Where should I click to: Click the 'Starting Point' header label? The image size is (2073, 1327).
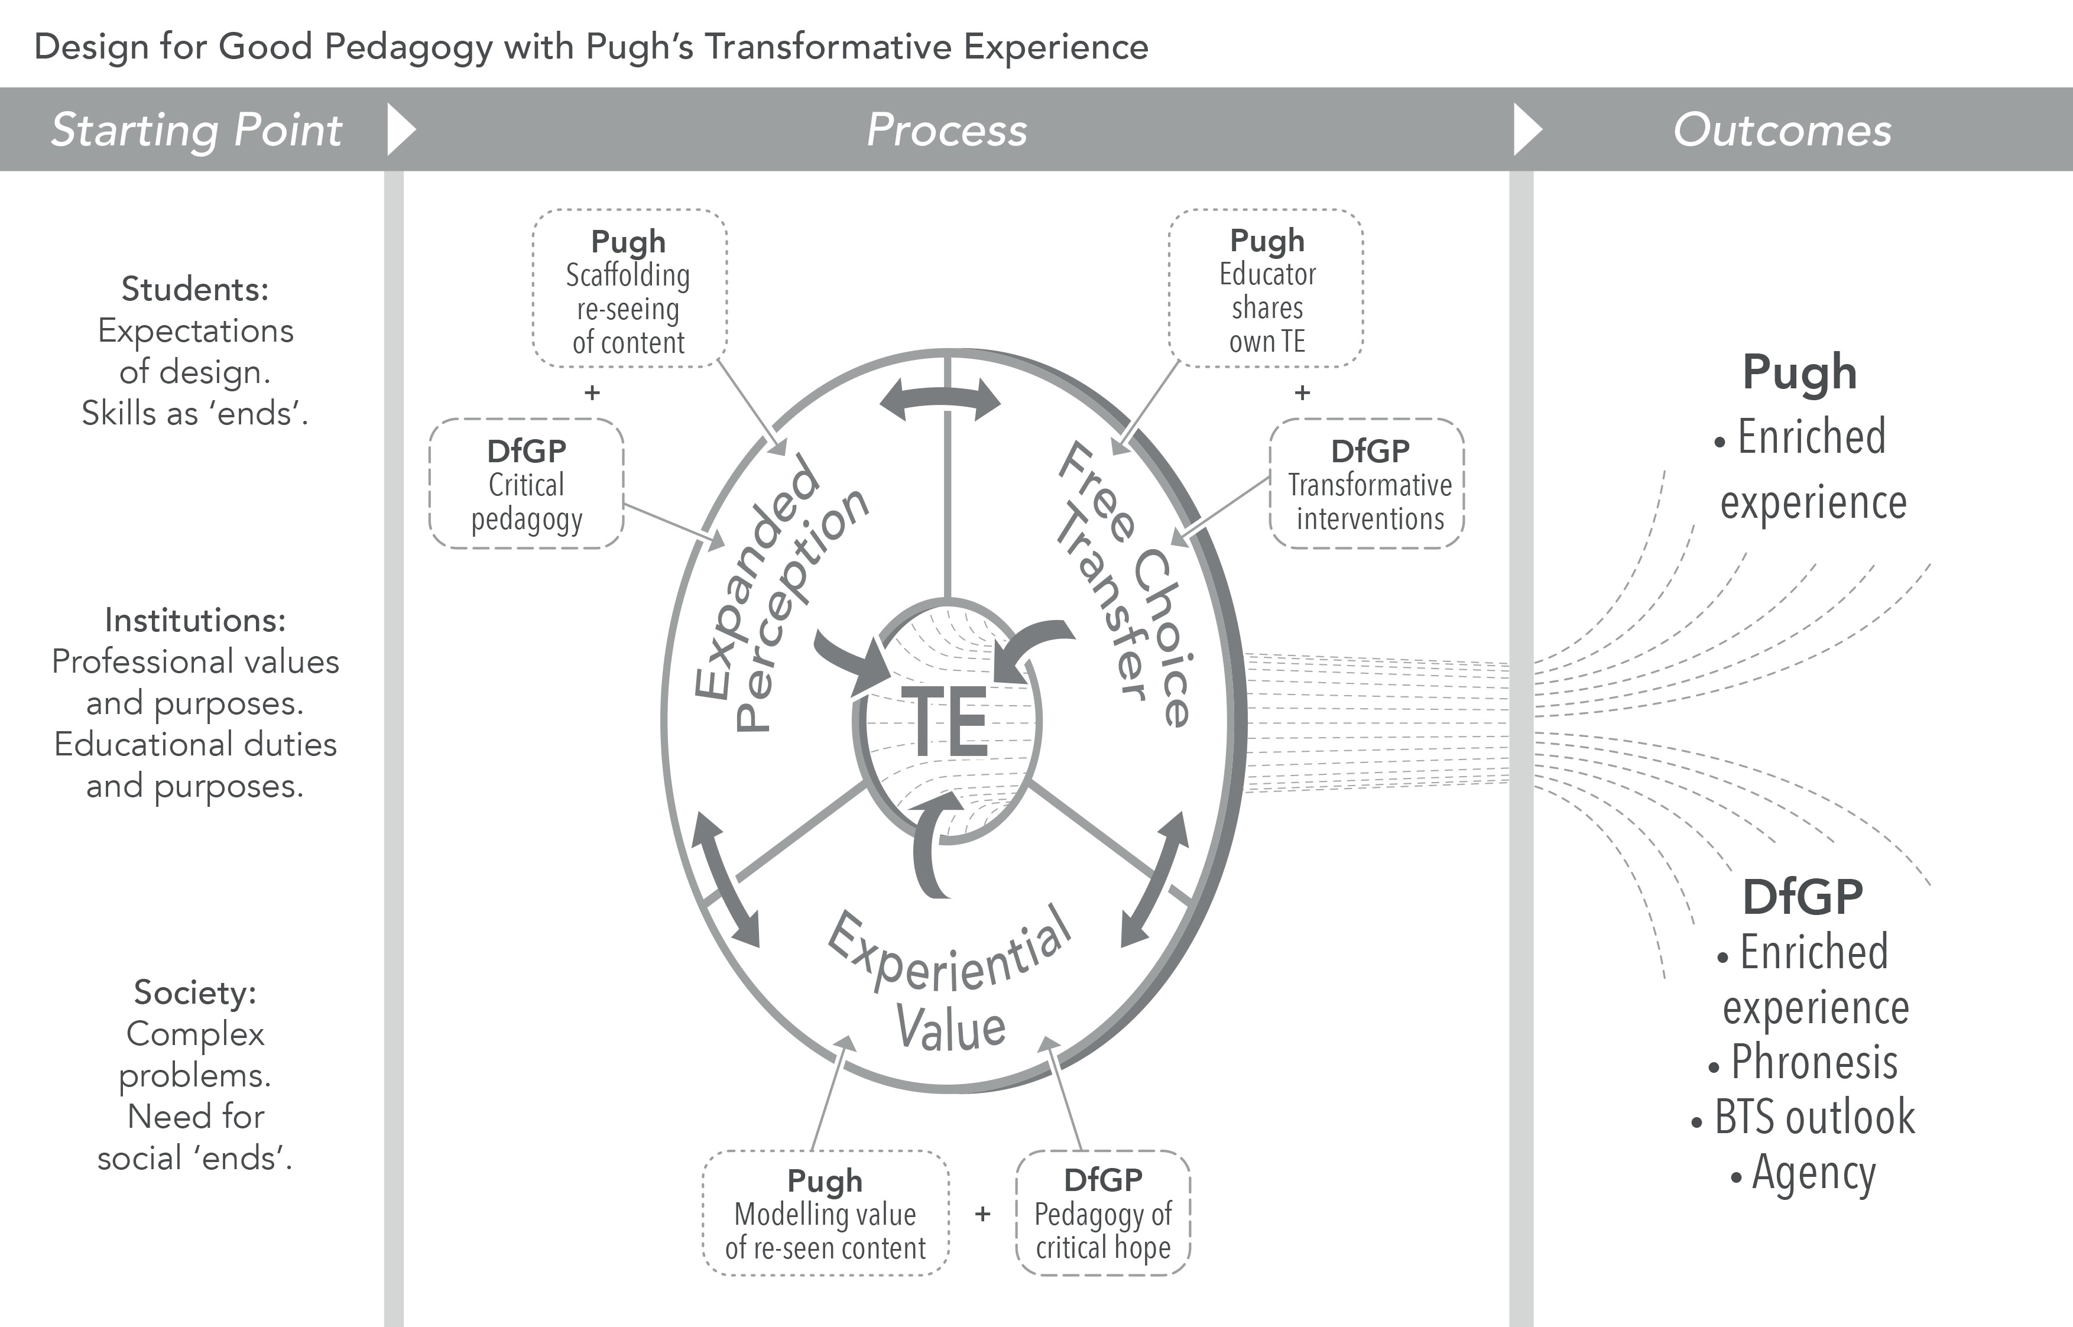click(x=196, y=130)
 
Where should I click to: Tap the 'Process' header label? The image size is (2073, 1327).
click(x=946, y=130)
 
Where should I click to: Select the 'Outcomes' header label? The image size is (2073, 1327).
click(x=1782, y=130)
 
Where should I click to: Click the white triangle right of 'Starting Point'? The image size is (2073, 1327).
click(x=401, y=129)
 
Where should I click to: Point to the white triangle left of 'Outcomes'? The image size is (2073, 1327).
click(x=1527, y=129)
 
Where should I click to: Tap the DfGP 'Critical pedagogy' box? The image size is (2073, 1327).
click(x=527, y=484)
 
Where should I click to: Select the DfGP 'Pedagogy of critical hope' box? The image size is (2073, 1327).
click(x=1103, y=1212)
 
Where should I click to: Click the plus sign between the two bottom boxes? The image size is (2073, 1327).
click(x=982, y=1214)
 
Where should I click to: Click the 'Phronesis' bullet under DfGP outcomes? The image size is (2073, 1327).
click(x=1814, y=1062)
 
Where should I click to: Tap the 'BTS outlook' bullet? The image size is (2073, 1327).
click(x=1814, y=1118)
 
